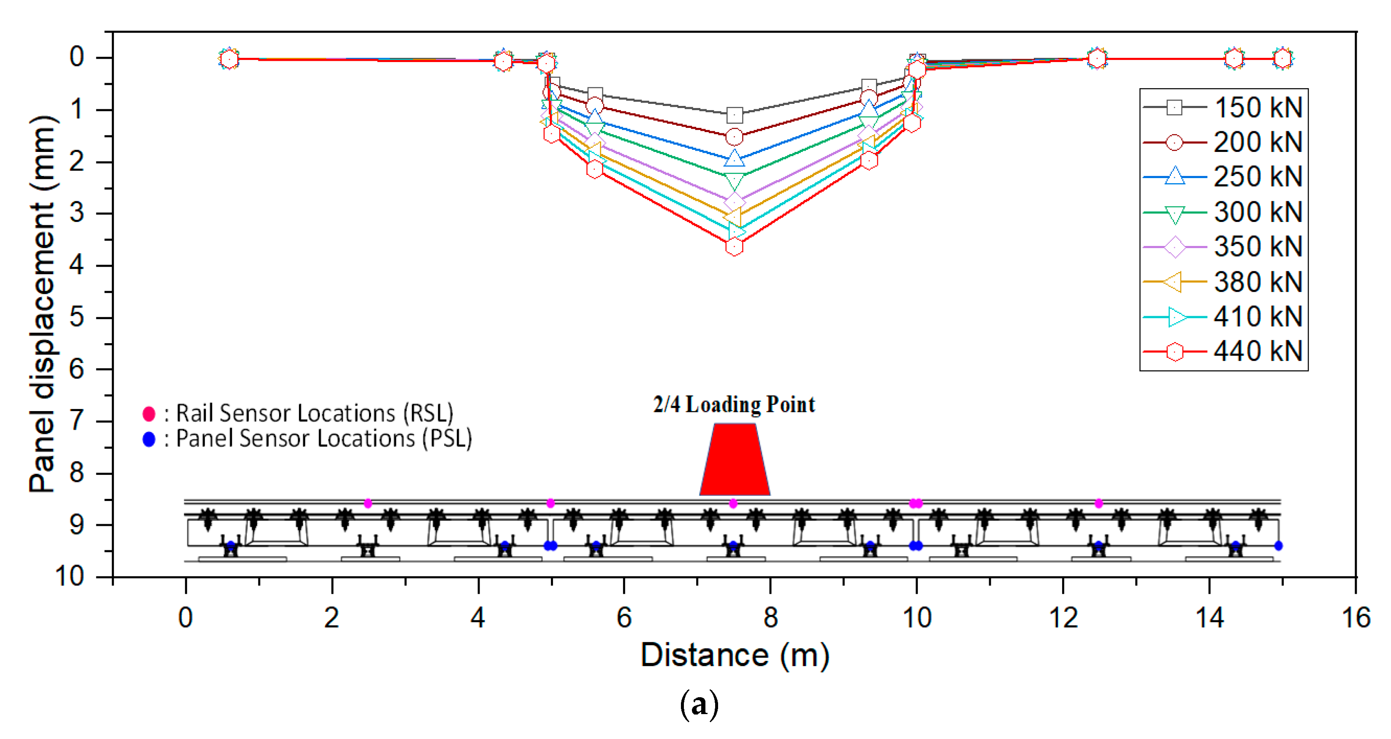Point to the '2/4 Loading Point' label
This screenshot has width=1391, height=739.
734,404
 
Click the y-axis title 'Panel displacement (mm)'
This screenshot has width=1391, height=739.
43,304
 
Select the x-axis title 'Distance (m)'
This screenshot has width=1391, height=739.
735,655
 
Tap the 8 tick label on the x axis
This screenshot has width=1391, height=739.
770,617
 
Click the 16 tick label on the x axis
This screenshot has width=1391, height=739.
1356,617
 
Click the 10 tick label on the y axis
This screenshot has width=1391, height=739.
70,577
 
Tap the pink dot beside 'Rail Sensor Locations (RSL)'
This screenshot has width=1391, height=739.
149,414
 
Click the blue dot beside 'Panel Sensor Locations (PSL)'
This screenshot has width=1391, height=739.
149,439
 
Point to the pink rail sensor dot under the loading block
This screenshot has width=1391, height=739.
733,503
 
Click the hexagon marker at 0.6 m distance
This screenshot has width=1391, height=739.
229,59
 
